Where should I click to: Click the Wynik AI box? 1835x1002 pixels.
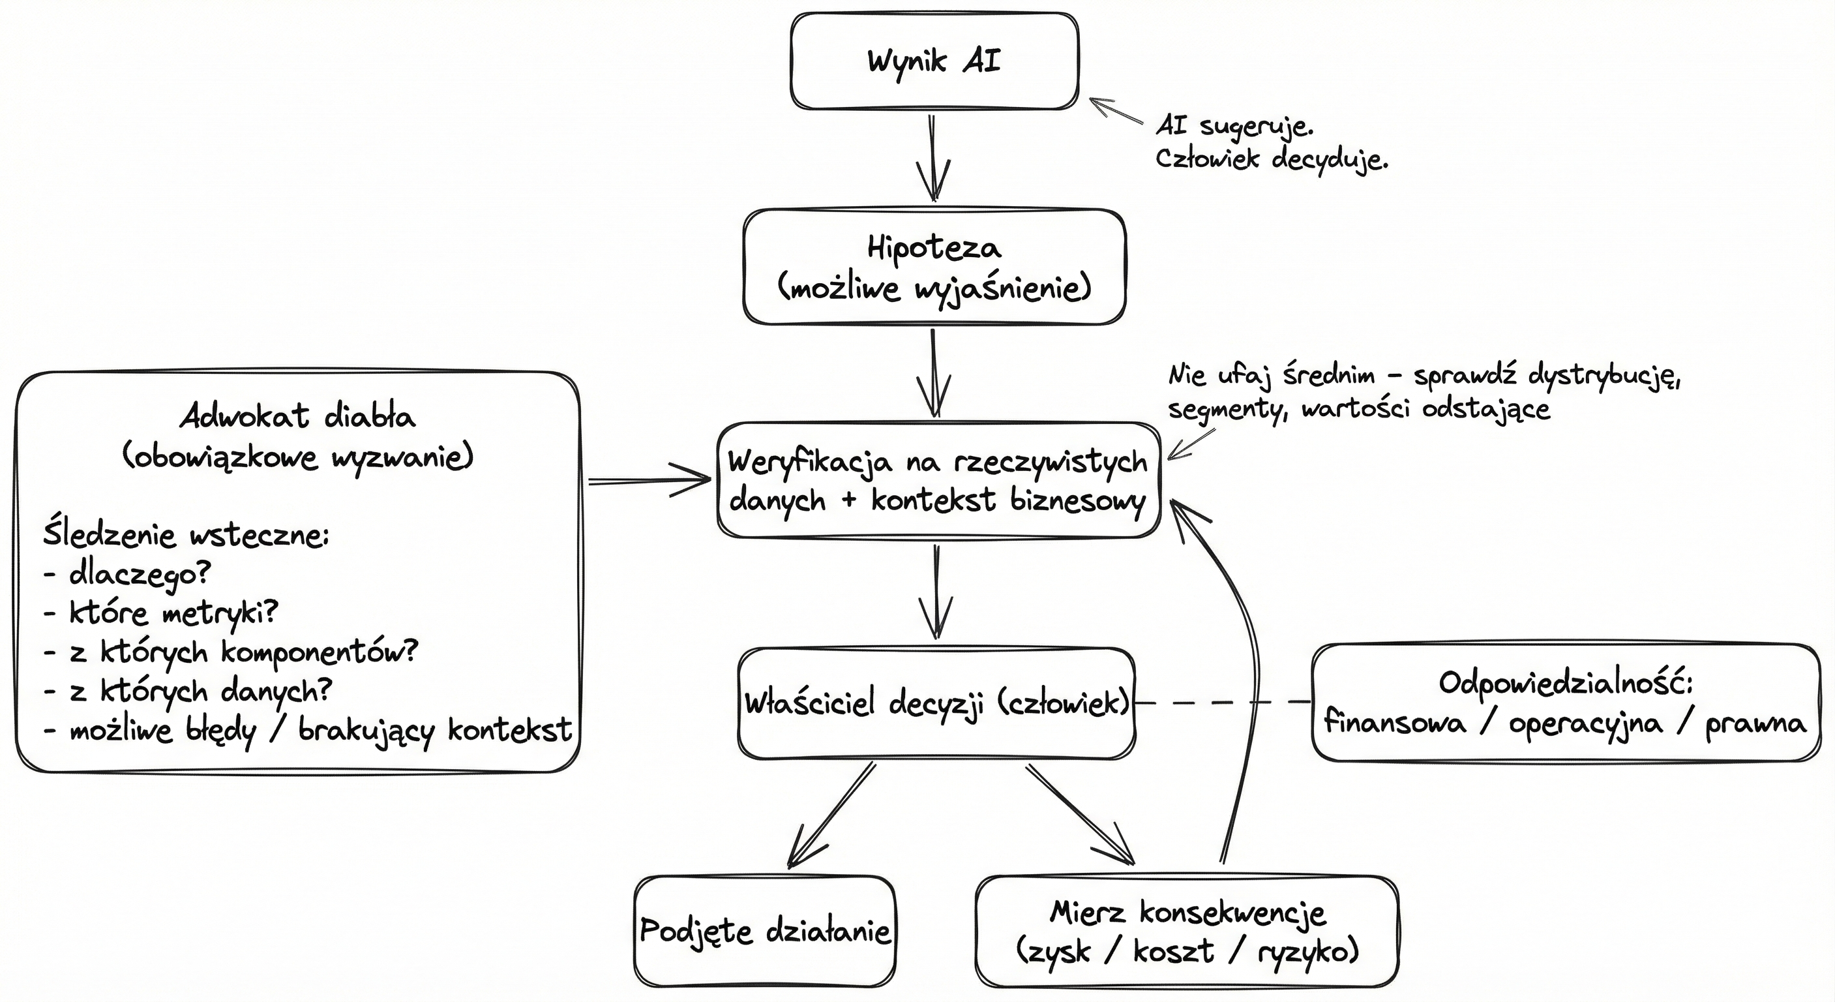click(x=934, y=61)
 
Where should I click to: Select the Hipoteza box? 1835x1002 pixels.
click(x=934, y=267)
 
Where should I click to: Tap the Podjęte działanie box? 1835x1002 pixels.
click(x=764, y=931)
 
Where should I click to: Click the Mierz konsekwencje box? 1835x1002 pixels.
click(x=1186, y=931)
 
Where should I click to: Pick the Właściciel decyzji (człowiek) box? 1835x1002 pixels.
click(x=936, y=703)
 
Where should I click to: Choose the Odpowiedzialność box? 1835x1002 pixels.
click(x=1565, y=703)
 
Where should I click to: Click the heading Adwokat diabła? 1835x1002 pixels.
click(x=297, y=416)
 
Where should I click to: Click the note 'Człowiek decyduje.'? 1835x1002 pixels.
click(x=1271, y=159)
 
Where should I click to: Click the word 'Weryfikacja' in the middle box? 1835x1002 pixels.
click(x=809, y=463)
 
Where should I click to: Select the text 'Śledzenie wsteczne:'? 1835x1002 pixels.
click(x=186, y=534)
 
